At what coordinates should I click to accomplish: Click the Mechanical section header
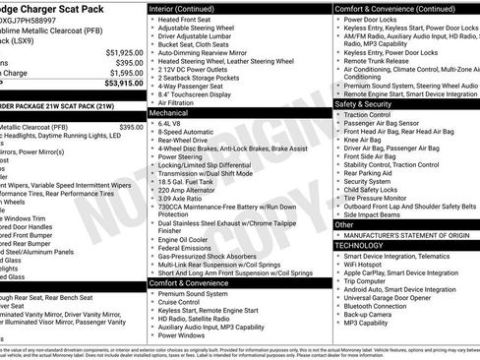pyautogui.click(x=174, y=113)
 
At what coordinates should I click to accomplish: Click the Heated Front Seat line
pyautogui.click(x=190, y=20)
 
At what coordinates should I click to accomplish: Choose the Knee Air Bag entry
pyautogui.click(x=365, y=141)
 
